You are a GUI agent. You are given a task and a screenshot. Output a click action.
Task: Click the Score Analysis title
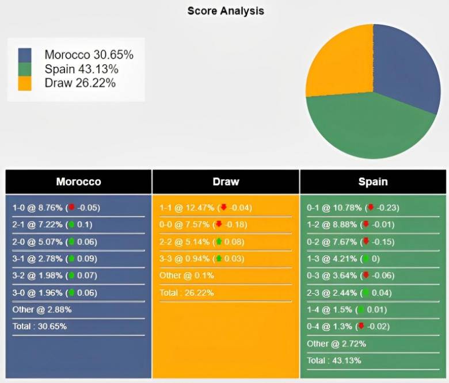coord(226,11)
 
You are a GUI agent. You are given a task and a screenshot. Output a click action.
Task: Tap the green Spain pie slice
coord(368,129)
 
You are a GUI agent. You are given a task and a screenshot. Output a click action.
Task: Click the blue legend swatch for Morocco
coord(25,55)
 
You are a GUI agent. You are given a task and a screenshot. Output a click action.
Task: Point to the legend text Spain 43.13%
coord(81,69)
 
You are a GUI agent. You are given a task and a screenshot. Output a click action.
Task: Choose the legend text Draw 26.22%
coord(80,83)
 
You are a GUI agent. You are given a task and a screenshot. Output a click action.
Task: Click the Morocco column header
coord(78,182)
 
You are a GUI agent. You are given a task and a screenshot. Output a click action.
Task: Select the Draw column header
coord(226,182)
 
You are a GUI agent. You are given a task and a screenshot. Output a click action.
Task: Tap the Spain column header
coord(373,182)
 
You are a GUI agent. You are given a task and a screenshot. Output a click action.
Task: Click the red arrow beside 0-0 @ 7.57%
coord(219,224)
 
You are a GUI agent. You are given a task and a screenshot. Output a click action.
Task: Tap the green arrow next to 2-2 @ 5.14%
coord(219,242)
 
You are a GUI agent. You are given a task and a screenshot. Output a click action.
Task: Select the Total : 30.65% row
coord(39,327)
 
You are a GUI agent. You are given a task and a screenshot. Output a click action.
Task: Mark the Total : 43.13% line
coord(334,361)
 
